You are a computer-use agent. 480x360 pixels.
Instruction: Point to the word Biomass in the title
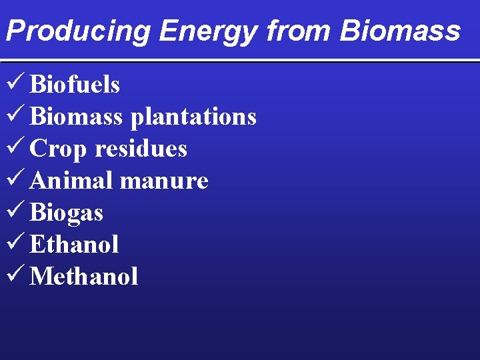400,31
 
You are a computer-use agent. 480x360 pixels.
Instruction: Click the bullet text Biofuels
75,85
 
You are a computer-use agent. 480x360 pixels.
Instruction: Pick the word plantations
193,117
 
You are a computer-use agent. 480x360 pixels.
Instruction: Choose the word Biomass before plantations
76,117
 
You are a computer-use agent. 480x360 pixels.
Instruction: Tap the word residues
141,149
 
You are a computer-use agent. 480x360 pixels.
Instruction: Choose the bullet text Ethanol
74,245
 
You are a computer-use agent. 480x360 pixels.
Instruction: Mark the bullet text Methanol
84,277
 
